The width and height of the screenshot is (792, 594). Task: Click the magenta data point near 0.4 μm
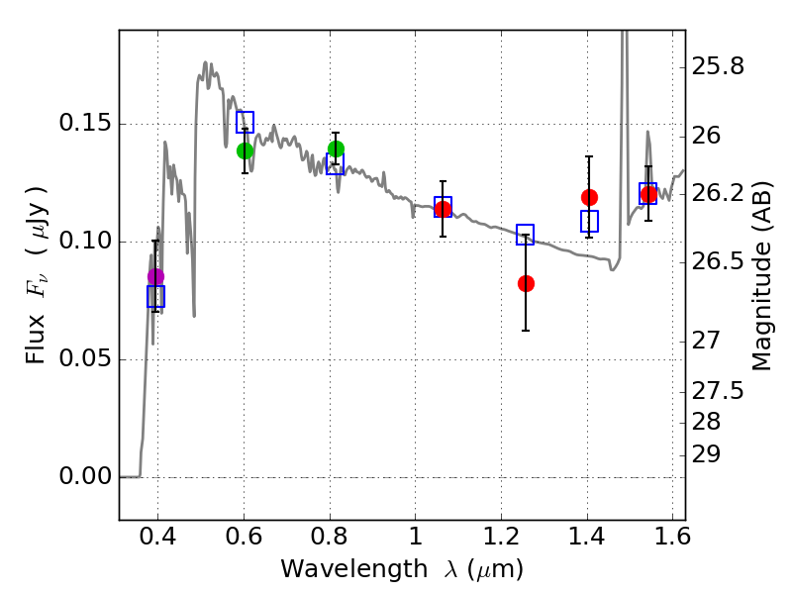[155, 277]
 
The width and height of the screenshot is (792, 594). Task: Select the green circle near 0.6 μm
[246, 150]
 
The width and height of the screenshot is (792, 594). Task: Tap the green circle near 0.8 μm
[336, 149]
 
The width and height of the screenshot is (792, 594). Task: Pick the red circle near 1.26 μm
[526, 283]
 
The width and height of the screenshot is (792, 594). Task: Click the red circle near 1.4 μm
[589, 197]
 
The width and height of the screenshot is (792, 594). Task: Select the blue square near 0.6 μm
[245, 122]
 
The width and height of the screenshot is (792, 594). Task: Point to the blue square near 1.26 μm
[525, 235]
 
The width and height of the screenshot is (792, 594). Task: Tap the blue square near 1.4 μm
[589, 222]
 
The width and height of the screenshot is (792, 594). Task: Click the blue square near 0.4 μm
[155, 296]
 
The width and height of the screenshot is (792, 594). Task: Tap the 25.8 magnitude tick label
[719, 67]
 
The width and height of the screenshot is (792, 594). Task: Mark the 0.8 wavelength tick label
[329, 541]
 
